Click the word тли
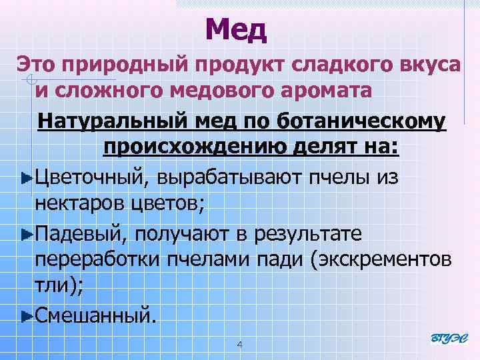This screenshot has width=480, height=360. point(51,286)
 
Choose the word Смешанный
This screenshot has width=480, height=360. point(95,313)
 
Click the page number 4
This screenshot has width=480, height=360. point(239,345)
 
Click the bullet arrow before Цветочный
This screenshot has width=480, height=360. point(26,177)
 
